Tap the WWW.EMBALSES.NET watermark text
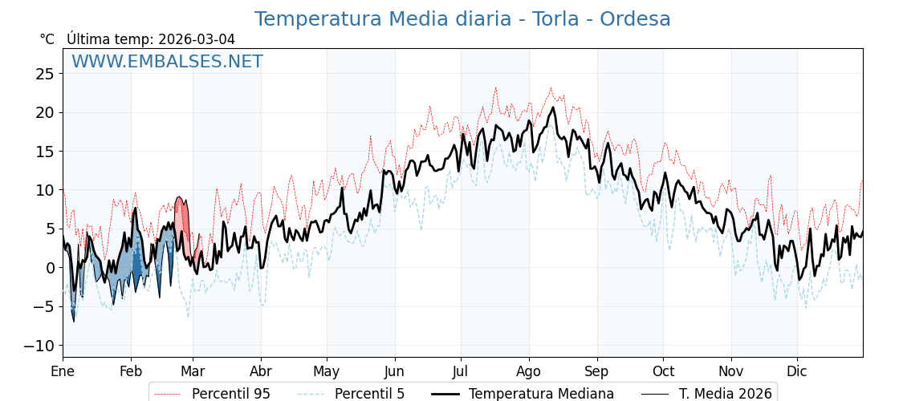coord(167,62)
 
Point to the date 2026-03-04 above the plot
coord(197,39)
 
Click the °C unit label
coord(47,39)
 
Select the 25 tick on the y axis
coord(45,74)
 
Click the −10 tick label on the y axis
coord(40,346)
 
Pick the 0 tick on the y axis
coord(50,268)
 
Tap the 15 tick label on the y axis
coord(45,152)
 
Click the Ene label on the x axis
coord(63,371)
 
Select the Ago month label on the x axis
coord(529,371)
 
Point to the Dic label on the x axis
coord(797,371)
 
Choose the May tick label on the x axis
coord(327,371)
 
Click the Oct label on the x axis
coord(663,371)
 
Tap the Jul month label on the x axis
coord(461,371)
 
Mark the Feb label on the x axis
coord(131,371)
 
